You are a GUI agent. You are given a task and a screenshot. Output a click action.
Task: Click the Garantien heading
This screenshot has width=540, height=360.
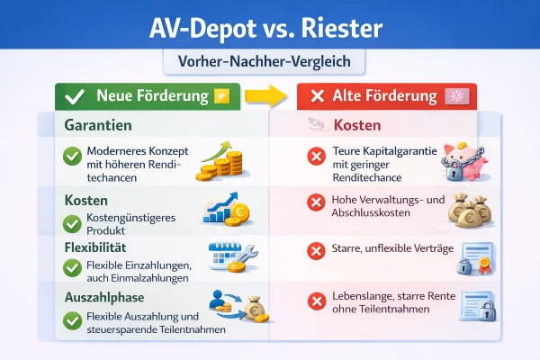[98, 127]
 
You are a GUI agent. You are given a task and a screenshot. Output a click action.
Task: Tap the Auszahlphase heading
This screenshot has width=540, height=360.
[106, 296]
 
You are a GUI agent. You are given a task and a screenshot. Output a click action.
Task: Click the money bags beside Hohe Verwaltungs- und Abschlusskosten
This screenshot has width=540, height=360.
[471, 209]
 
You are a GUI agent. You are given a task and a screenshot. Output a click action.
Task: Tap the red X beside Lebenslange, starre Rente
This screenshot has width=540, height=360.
[316, 301]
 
